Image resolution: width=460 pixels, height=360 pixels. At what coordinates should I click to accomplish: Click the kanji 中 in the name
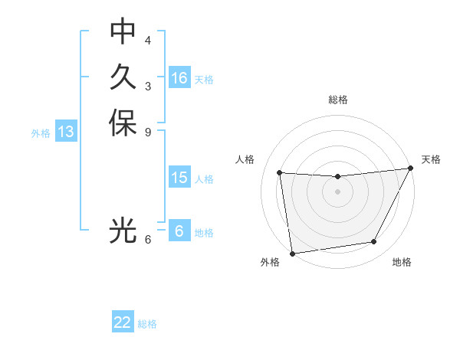click(123, 31)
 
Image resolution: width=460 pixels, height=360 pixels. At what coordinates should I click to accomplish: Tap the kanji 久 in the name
click(123, 77)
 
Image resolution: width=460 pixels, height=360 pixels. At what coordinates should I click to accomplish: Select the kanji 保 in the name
click(123, 123)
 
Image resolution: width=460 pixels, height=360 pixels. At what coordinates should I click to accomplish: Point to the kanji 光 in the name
click(123, 231)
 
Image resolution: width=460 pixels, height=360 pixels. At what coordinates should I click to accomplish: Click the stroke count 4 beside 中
click(148, 40)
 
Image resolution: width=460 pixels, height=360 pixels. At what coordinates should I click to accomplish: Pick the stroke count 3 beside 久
click(148, 86)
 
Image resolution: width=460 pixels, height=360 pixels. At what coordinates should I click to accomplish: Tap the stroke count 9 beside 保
click(148, 132)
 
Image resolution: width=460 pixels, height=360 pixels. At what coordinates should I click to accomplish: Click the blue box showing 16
click(179, 78)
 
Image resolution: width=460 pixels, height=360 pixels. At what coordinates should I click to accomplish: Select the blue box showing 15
click(179, 178)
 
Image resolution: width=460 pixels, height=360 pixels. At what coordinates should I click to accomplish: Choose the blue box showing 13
click(66, 132)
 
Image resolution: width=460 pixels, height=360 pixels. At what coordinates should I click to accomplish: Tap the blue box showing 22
click(123, 322)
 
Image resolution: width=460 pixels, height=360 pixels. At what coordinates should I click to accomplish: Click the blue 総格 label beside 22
click(147, 324)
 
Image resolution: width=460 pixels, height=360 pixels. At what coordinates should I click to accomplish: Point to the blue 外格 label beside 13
click(41, 133)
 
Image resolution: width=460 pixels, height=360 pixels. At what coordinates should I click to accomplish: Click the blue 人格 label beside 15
click(204, 179)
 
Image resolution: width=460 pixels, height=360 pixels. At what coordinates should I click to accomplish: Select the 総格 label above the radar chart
click(338, 100)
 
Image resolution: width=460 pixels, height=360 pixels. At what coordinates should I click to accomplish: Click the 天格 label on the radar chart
click(431, 159)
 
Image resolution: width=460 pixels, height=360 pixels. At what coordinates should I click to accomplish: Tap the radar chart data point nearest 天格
click(411, 169)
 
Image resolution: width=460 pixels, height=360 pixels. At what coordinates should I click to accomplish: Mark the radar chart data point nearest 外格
click(292, 253)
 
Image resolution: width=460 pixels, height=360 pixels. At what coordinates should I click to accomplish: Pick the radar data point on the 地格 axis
click(374, 242)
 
